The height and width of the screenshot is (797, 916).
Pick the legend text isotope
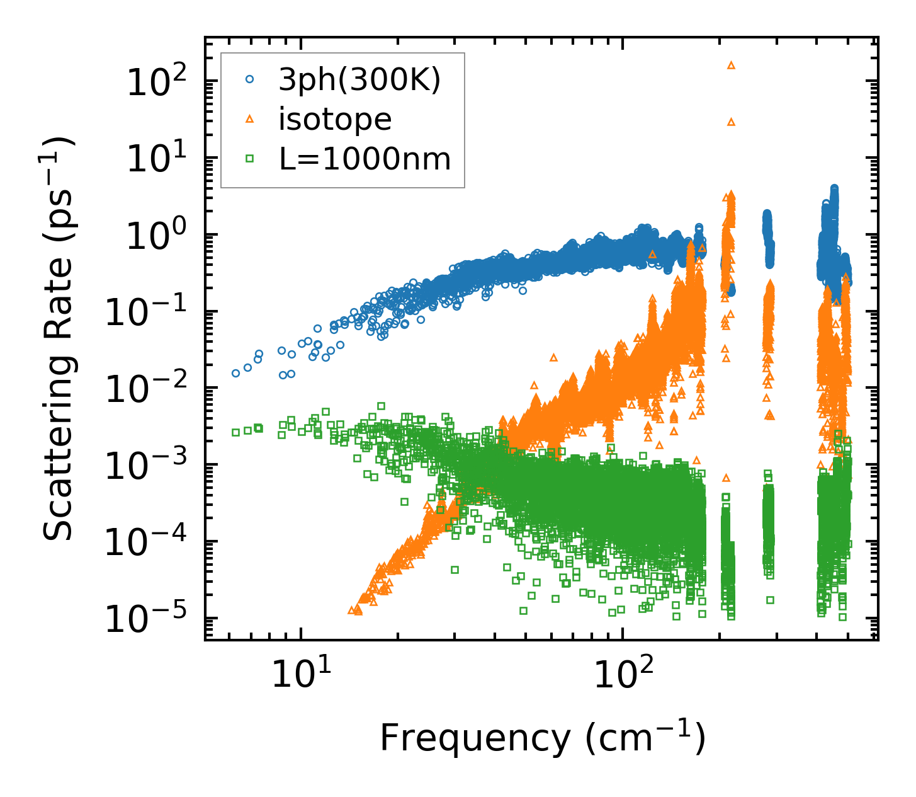(x=335, y=120)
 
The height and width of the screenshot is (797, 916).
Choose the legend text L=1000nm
(x=365, y=159)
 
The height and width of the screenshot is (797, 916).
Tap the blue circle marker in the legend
(x=250, y=79)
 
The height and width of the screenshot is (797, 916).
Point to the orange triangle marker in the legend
(x=250, y=119)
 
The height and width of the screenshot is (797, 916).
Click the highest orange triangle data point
(x=731, y=65)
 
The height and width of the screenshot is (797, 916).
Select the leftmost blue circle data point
(x=235, y=373)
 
